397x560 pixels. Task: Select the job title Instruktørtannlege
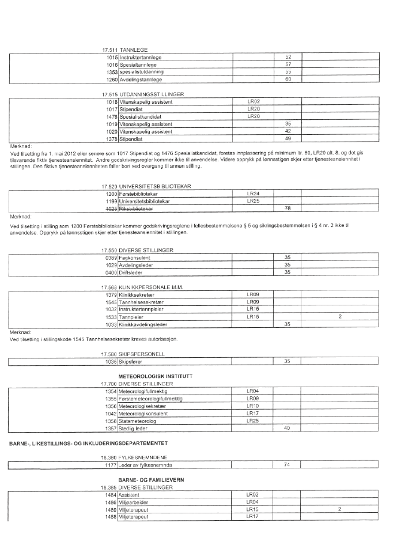coord(141,58)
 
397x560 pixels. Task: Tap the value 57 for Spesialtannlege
coord(288,65)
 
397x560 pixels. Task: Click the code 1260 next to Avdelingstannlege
coord(112,79)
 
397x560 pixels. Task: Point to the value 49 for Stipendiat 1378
coord(288,138)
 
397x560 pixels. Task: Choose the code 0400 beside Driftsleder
coord(112,272)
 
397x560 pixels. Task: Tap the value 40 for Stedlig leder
coord(288,428)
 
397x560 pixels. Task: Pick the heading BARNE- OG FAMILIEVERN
coord(150,479)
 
